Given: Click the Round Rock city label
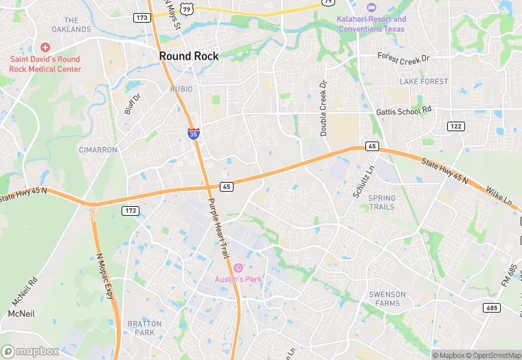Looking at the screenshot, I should tap(189, 56).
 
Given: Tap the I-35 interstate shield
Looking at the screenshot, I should tap(194, 134).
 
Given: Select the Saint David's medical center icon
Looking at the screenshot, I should tap(45, 47).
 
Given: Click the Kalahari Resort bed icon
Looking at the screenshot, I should tap(372, 8).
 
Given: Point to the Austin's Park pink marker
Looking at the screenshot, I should tap(238, 267).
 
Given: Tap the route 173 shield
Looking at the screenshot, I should tap(142, 17).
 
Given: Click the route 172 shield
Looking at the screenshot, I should tap(130, 210).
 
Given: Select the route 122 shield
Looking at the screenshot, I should tap(455, 126).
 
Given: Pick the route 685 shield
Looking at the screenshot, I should tap(491, 307).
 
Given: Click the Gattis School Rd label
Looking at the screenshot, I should tap(404, 111).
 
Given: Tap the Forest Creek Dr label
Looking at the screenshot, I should tap(403, 58).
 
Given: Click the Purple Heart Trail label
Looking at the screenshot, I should tap(218, 229).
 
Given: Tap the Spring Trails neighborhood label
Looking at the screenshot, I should tap(382, 203).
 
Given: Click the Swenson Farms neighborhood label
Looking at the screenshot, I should tap(387, 299).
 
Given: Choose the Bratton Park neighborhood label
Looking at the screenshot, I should tap(144, 328).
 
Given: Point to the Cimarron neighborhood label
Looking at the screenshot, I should tap(98, 150).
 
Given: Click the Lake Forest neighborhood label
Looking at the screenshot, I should tap(424, 82).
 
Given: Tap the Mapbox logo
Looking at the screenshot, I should tap(30, 351).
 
